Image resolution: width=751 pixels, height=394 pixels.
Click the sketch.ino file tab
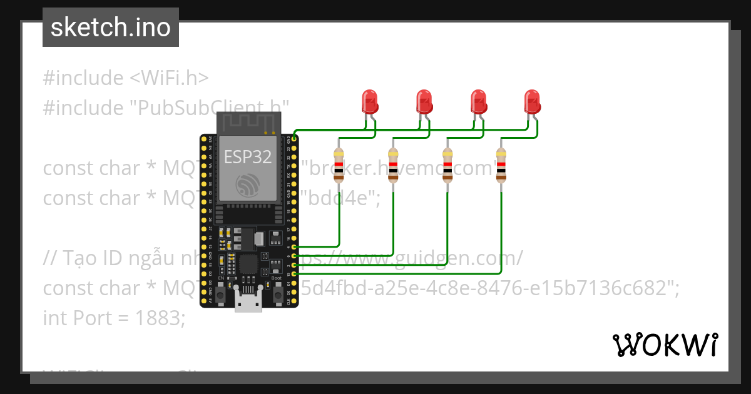coord(110,28)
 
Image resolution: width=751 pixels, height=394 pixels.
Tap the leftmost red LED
coord(369,101)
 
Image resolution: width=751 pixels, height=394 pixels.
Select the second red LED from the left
coord(424,101)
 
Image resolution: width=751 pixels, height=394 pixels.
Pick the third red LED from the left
coord(478,101)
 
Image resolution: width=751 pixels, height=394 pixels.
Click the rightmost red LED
coord(532,101)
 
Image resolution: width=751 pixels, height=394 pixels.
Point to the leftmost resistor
coord(339,165)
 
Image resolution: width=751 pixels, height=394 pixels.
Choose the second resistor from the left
coord(393,165)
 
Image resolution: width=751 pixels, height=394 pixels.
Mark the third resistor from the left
coord(447,165)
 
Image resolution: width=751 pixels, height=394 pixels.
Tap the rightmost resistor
coord(501,165)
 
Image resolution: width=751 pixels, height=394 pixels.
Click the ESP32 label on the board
coord(248,157)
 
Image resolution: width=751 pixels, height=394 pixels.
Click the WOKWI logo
coord(665,345)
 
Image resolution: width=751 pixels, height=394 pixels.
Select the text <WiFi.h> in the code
coord(169,78)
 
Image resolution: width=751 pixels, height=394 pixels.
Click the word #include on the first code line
coord(83,78)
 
